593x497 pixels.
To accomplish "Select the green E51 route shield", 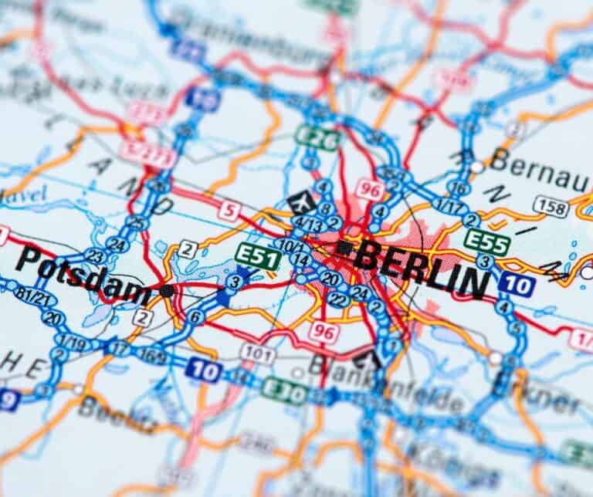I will click(x=258, y=255).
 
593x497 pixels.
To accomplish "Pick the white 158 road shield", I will click(x=551, y=205).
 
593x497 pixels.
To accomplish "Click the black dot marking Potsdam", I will click(x=166, y=291).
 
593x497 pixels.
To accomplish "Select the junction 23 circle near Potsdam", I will click(x=95, y=255).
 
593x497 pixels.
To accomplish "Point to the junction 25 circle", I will click(x=137, y=223).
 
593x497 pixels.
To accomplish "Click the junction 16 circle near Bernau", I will click(x=459, y=188).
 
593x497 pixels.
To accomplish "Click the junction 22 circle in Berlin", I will click(x=337, y=299).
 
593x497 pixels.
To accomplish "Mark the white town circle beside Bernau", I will click(x=478, y=166).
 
